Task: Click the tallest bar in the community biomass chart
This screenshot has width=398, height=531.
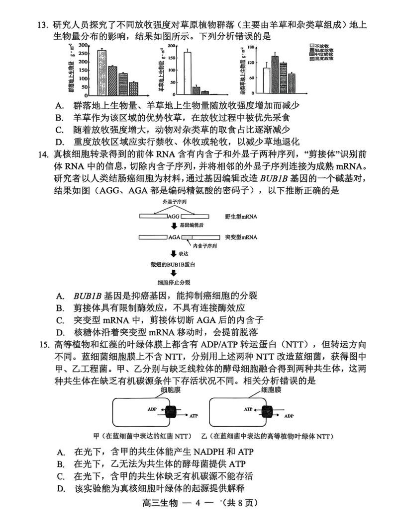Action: pos(101,73)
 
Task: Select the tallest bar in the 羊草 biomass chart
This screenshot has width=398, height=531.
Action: pos(187,73)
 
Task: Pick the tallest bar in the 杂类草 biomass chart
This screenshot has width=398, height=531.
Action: pos(275,75)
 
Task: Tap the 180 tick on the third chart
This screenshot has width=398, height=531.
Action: pos(251,48)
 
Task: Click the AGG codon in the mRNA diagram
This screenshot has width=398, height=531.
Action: pos(173,217)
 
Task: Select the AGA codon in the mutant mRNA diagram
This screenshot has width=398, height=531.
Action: pos(174,237)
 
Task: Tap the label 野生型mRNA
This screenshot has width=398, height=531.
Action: pos(241,217)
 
